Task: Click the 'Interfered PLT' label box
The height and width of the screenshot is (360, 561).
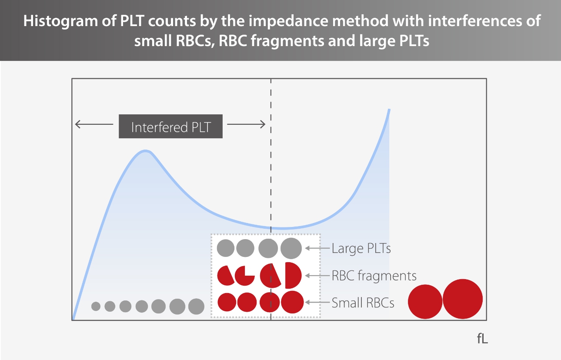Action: coord(170,127)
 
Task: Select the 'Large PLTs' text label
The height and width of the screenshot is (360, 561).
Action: coord(361,248)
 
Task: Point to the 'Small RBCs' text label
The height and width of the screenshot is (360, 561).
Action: coord(363,303)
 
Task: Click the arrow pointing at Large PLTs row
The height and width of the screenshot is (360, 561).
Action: coord(317,248)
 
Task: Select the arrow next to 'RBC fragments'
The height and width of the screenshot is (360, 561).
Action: coord(317,276)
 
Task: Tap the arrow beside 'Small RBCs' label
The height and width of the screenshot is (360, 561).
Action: coord(317,303)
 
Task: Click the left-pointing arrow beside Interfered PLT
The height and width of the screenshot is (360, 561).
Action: coord(93,125)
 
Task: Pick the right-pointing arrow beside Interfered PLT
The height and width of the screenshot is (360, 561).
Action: coord(246,125)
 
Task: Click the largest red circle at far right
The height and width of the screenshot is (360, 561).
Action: coord(463,299)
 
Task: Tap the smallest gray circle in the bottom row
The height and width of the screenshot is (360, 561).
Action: coord(96,307)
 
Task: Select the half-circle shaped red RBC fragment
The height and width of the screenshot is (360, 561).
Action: coord(293,275)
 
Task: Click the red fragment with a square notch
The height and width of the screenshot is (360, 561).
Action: coord(244,275)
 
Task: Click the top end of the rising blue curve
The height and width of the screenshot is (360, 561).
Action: coord(389,110)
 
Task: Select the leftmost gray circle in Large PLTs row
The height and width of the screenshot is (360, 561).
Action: coord(226,248)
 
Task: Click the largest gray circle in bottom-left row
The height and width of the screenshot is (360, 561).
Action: coord(196,307)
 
